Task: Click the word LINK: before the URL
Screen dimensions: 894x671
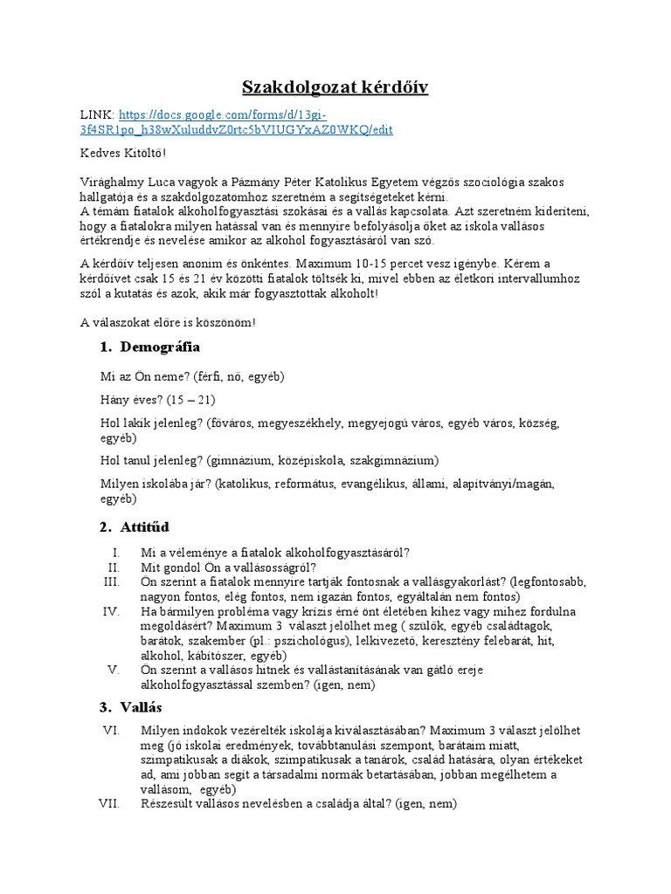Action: (96, 114)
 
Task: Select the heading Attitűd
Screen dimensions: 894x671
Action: (145, 526)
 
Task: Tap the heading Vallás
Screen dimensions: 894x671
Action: (142, 706)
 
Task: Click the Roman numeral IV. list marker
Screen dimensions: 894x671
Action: (111, 611)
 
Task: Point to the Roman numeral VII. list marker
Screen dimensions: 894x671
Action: (109, 803)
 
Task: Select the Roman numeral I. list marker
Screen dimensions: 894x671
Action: (115, 552)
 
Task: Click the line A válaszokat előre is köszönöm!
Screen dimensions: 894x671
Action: (169, 321)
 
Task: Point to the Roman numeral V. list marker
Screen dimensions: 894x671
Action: (113, 670)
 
